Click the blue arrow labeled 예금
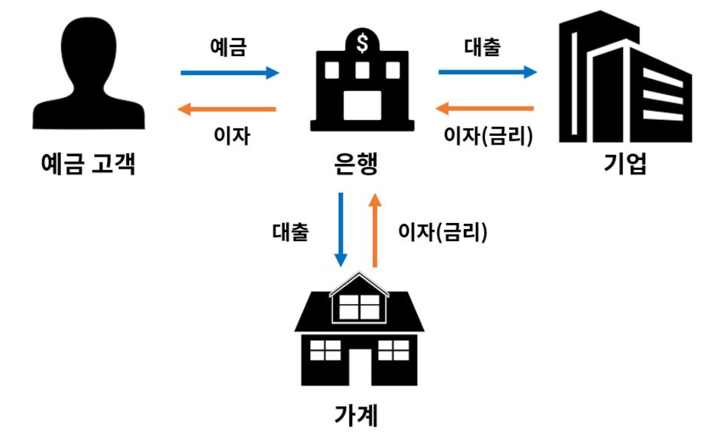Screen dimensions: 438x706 tap(230, 72)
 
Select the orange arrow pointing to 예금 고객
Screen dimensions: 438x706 tap(230, 109)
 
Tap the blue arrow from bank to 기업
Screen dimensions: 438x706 tap(488, 72)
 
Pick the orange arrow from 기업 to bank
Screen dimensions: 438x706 tap(485, 108)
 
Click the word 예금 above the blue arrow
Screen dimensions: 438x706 tap(228, 48)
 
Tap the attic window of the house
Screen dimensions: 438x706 tap(359, 306)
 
